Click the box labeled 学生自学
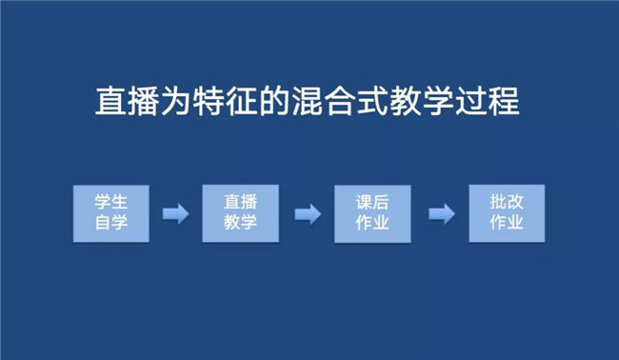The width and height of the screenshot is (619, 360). (x=110, y=213)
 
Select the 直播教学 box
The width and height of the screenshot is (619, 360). (x=240, y=213)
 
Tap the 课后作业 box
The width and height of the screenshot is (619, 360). (x=372, y=213)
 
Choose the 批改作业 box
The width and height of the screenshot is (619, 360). (x=507, y=213)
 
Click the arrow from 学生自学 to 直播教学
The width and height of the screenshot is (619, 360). (x=176, y=214)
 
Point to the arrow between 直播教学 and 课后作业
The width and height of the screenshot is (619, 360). (x=308, y=214)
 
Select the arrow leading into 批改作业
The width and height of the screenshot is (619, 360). (x=442, y=214)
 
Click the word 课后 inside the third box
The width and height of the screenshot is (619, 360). (x=372, y=203)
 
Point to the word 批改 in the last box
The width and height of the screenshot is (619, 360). (x=507, y=202)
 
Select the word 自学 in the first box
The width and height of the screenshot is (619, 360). (x=110, y=223)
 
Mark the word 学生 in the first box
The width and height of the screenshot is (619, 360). (x=110, y=202)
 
